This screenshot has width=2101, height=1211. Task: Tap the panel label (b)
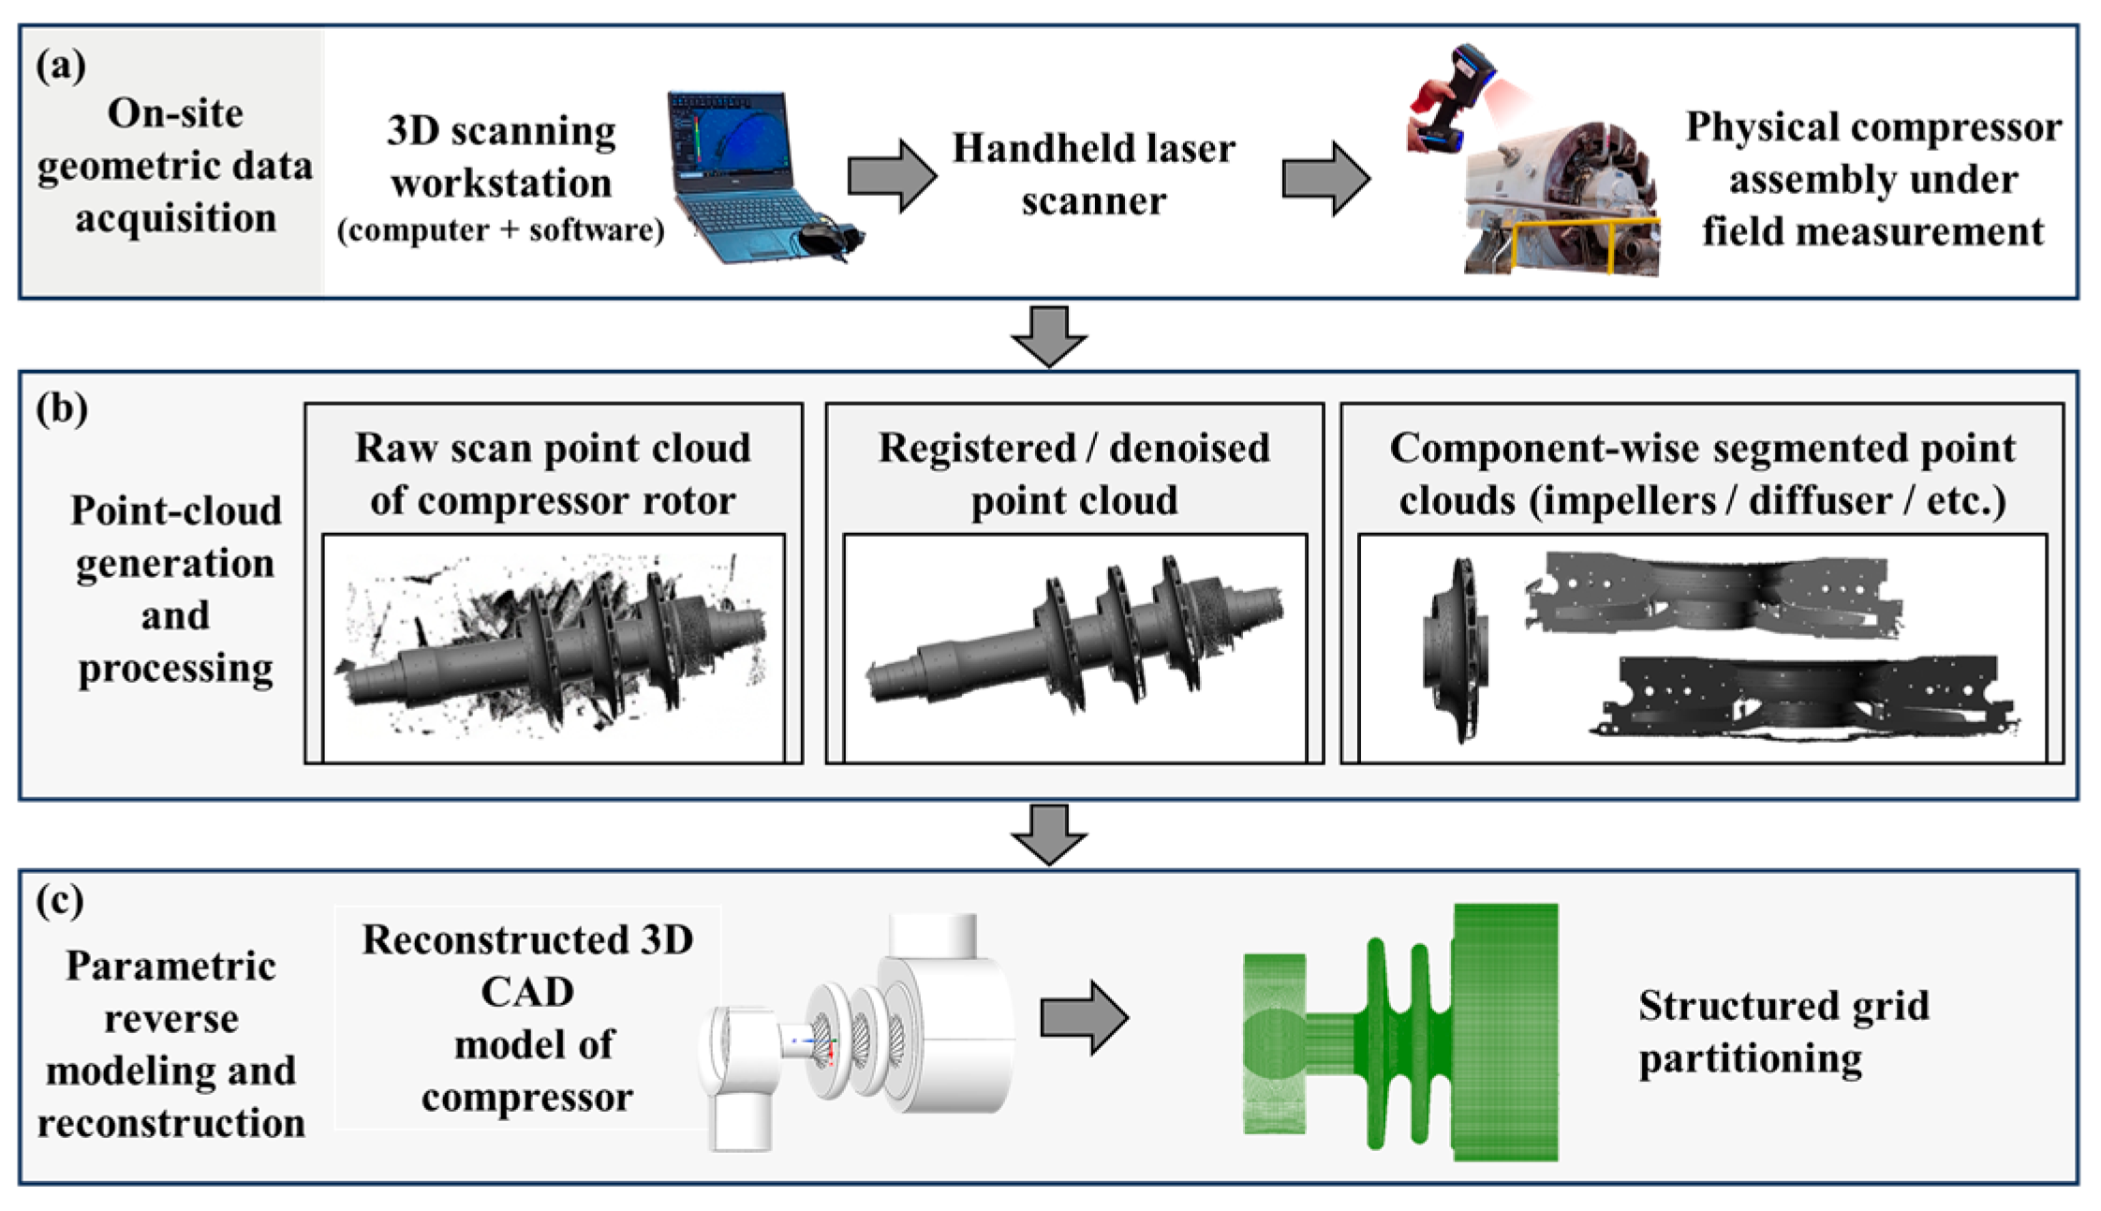click(x=62, y=409)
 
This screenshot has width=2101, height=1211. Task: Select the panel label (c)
click(x=60, y=901)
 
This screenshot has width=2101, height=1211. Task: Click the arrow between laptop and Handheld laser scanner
click(x=892, y=176)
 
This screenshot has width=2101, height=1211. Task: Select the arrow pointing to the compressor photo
click(x=1326, y=178)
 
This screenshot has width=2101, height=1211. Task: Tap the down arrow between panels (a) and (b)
click(x=1049, y=336)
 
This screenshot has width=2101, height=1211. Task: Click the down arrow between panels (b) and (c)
click(x=1049, y=834)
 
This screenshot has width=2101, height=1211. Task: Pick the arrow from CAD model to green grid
click(x=1085, y=1017)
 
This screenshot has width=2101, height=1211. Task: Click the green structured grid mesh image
click(x=1401, y=1033)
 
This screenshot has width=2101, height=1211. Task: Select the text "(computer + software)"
click(x=501, y=229)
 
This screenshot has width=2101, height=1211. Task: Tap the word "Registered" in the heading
click(x=977, y=450)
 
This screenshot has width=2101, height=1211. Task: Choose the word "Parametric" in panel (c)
click(x=171, y=966)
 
